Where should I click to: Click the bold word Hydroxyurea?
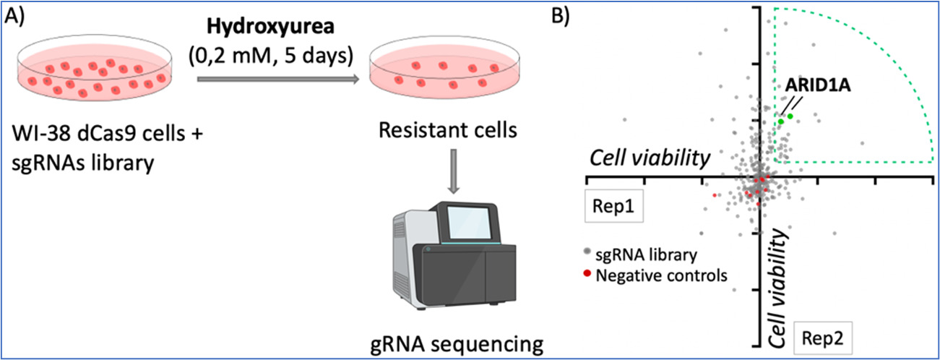tap(271, 27)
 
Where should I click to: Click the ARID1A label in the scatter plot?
tap(818, 85)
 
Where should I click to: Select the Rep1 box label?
tap(614, 206)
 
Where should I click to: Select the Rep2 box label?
tap(822, 338)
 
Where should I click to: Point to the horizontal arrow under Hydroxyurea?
tap(278, 79)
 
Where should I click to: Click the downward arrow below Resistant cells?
tap(453, 171)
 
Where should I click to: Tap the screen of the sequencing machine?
tap(469, 223)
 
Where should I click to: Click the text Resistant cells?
tap(448, 130)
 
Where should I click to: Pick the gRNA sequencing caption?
tap(457, 344)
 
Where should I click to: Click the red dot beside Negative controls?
tap(587, 274)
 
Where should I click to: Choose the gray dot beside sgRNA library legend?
tap(587, 252)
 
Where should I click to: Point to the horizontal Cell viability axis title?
tap(650, 158)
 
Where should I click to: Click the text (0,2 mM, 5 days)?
tap(271, 56)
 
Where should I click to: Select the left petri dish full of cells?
tap(95, 67)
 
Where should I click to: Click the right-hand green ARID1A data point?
tap(790, 116)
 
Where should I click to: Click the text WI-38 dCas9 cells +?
tap(108, 134)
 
